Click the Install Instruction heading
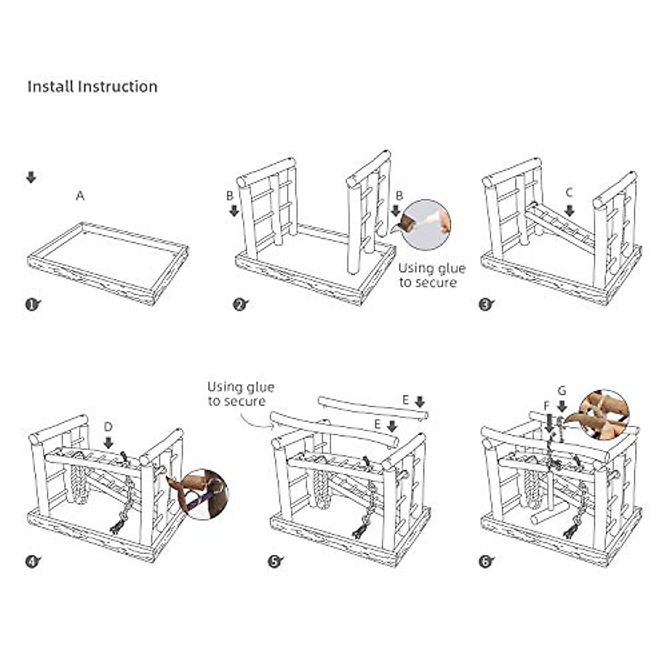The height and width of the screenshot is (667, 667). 92,87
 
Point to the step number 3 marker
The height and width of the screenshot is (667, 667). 486,305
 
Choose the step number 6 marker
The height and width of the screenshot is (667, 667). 486,562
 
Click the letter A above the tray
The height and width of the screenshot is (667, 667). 81,196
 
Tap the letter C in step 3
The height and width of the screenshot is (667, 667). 569,193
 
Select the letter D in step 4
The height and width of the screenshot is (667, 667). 108,427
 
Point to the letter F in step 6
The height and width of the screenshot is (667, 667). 547,405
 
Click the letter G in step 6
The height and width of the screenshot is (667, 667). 561,391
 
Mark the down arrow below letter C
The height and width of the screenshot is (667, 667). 569,211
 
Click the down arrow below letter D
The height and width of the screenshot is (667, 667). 108,442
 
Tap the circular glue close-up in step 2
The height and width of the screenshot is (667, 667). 427,225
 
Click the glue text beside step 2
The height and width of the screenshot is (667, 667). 431,276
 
